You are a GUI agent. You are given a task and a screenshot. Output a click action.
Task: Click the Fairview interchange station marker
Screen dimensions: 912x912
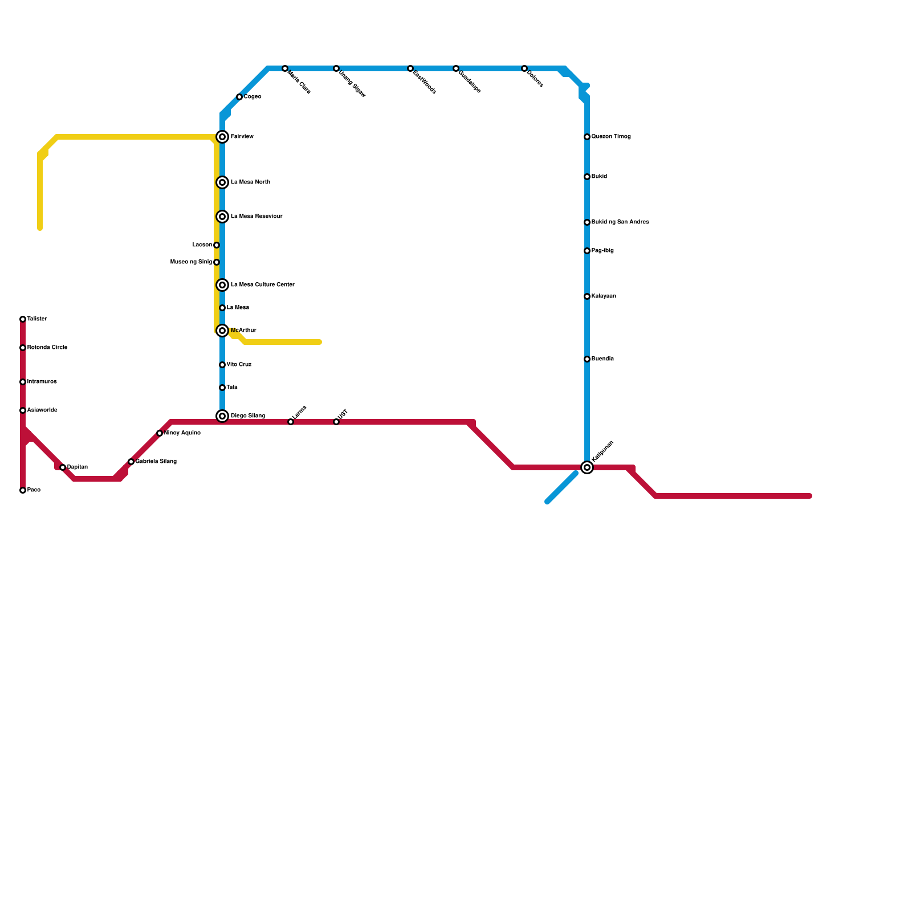tap(222, 137)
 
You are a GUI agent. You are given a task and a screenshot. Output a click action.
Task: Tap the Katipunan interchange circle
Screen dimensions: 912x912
tap(587, 467)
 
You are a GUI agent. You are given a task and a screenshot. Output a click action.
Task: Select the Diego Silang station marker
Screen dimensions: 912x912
tap(222, 416)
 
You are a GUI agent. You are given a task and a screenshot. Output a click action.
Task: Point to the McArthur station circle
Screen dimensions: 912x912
tap(222, 331)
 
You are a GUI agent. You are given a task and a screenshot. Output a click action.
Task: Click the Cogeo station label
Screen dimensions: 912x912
tap(253, 97)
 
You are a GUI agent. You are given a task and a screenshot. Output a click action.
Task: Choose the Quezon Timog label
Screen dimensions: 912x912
tap(611, 137)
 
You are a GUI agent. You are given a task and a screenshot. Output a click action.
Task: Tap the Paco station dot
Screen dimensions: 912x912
tap(23, 490)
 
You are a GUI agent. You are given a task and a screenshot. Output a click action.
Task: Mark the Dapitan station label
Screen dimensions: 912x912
tap(78, 467)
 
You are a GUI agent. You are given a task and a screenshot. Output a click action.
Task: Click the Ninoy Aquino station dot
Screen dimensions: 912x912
tap(160, 433)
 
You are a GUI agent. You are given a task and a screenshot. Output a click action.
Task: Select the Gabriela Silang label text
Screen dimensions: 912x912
tap(156, 462)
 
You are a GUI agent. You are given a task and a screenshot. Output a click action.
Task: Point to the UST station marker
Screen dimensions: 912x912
tap(336, 422)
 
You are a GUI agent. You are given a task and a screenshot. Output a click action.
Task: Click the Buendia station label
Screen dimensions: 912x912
tap(602, 359)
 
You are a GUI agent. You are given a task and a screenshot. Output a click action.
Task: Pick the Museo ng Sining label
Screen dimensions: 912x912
tap(192, 262)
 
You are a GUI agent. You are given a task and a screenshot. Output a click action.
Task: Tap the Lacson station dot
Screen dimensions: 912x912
tap(217, 245)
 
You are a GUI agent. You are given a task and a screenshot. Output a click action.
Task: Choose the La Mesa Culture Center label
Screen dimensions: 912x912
tap(262, 285)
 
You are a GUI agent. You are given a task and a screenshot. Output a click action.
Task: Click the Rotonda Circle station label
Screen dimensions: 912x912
tap(47, 348)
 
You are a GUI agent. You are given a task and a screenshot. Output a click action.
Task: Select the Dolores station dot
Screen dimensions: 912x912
tap(524, 68)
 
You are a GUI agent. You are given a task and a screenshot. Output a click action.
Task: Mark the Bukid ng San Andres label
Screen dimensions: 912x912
tap(620, 222)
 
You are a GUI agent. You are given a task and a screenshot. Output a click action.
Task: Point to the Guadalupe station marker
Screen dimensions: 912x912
tap(456, 68)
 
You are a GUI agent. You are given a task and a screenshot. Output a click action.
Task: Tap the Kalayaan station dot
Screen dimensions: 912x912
tap(587, 296)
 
